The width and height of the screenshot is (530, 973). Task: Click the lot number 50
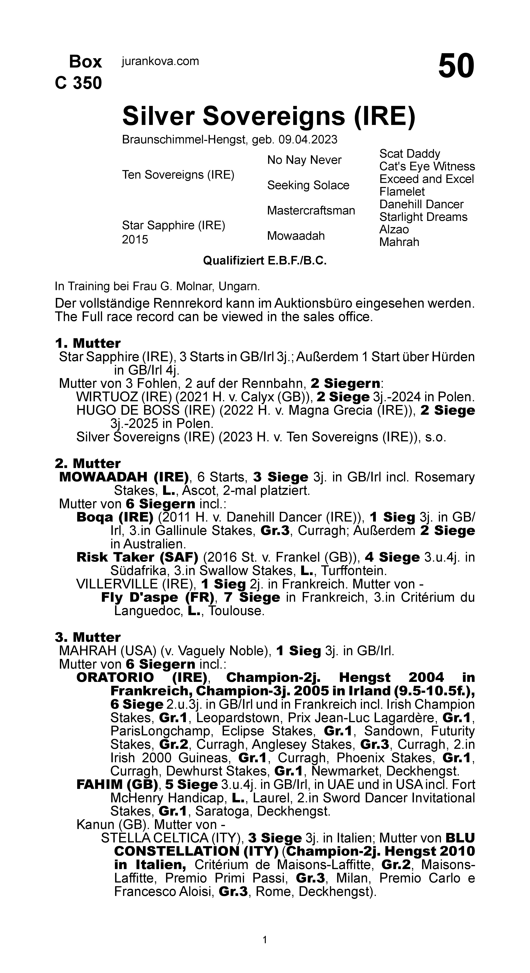tap(456, 66)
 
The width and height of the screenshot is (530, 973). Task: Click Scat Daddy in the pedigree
tap(410, 154)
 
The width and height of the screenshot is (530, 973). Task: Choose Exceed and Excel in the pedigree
tap(426, 179)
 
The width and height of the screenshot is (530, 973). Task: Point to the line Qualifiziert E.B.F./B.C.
tap(265, 261)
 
